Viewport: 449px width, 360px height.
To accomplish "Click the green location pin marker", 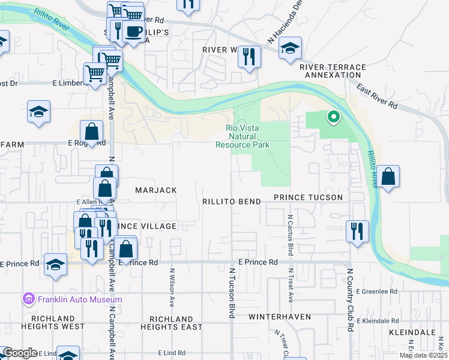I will [332, 116].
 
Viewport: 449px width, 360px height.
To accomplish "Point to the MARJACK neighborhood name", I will [155, 190].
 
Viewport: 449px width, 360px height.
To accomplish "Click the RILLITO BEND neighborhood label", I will [231, 202].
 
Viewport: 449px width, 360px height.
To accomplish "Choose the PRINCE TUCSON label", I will [308, 197].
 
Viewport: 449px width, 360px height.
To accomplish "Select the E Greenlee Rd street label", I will [376, 292].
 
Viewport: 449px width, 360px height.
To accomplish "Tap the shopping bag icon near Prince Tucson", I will [388, 176].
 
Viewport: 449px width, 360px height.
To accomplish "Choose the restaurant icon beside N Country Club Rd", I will [357, 230].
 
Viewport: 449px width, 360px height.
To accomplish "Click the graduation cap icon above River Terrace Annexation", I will [290, 49].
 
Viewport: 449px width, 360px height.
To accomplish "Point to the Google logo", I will [19, 353].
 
